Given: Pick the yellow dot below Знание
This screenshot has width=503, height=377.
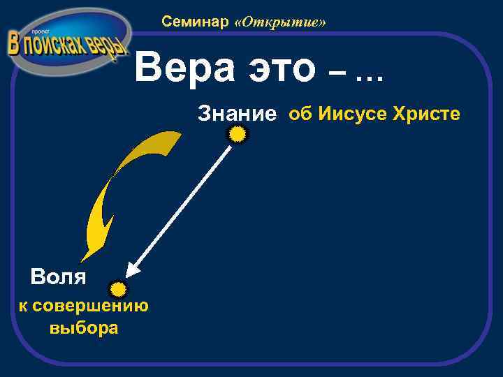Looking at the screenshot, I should pyautogui.click(x=238, y=134).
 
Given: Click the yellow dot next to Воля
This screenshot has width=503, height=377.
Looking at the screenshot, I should pyautogui.click(x=119, y=288).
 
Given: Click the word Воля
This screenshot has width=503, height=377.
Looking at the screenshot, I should pyautogui.click(x=59, y=277).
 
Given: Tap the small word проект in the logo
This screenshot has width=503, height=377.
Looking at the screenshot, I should pyautogui.click(x=36, y=32).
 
